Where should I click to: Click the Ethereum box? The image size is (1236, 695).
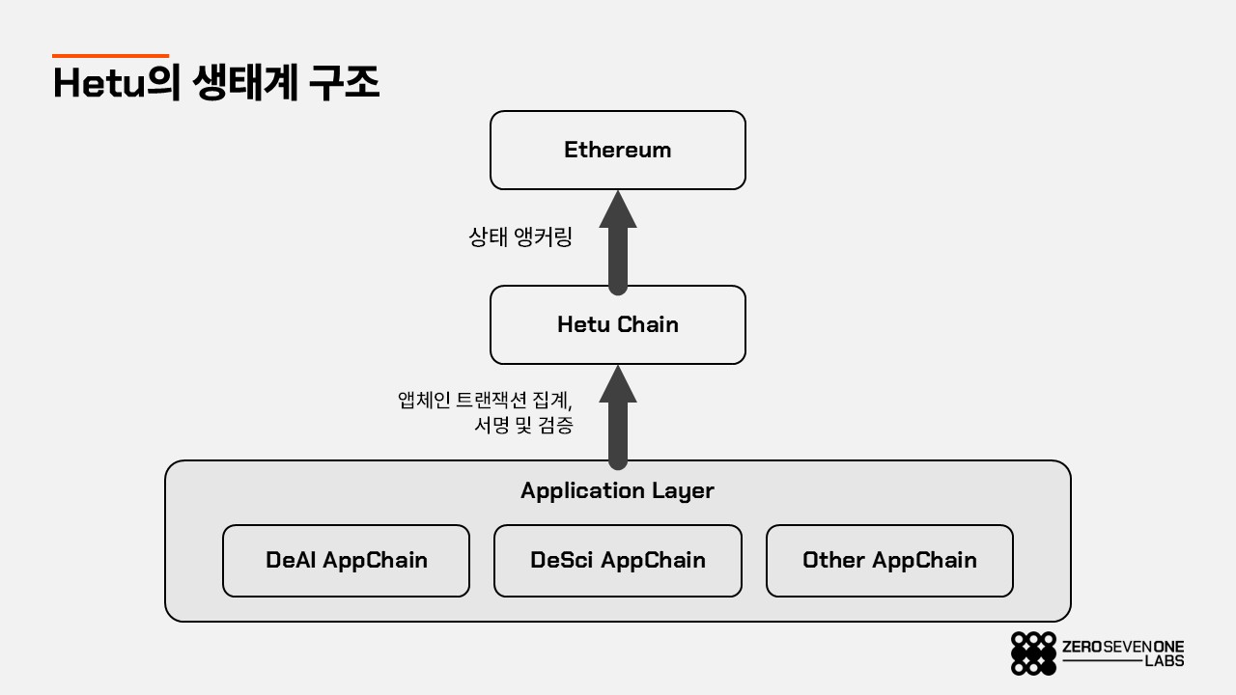(617, 150)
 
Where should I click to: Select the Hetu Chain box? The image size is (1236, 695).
(617, 324)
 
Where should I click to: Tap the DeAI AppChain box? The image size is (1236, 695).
(346, 561)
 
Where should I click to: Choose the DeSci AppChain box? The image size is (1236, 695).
(617, 561)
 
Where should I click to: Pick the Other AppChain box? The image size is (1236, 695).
(889, 561)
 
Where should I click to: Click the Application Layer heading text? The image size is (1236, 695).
(617, 491)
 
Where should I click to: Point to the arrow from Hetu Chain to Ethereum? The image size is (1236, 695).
(618, 242)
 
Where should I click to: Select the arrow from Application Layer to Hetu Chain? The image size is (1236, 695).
(618, 418)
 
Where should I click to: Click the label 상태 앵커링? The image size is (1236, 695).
(520, 236)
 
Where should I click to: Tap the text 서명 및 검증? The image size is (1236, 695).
(523, 425)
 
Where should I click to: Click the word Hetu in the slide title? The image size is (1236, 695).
(99, 83)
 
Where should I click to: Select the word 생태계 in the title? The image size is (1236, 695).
(246, 82)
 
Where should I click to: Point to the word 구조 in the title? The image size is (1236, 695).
(345, 82)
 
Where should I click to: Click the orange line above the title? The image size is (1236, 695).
(110, 56)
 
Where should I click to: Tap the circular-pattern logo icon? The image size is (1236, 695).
(1033, 653)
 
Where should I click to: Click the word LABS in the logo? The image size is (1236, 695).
(1165, 661)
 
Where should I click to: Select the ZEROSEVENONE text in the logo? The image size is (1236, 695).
(1123, 647)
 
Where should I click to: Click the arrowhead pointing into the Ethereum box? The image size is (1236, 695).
(618, 209)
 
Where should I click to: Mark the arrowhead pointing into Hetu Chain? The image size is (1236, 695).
(618, 384)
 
